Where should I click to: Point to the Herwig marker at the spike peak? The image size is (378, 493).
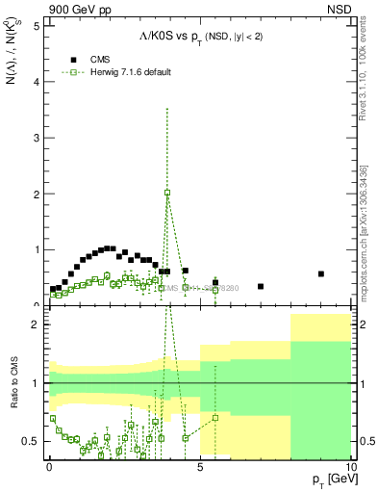167,193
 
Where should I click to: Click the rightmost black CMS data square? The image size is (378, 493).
321,273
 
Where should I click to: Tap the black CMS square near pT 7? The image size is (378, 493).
261,286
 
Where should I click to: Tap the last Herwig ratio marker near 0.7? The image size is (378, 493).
215,418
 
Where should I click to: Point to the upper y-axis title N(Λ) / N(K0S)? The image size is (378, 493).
13,72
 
